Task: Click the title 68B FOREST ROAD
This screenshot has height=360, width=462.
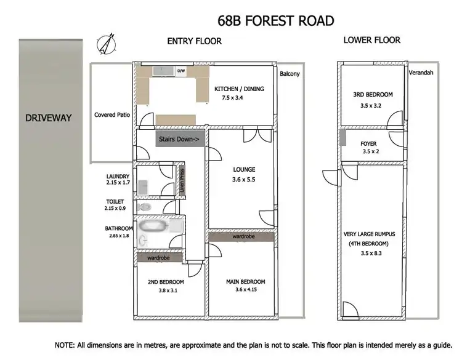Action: [x=276, y=20]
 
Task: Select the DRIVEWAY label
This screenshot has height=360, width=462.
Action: [x=49, y=118]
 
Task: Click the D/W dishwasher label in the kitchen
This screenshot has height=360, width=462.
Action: [x=181, y=71]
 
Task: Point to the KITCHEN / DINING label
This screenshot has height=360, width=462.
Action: [x=239, y=89]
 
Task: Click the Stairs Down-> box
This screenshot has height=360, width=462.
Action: [x=179, y=139]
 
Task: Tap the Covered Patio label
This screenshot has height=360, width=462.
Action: [x=112, y=114]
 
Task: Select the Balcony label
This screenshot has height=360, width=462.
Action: [x=290, y=74]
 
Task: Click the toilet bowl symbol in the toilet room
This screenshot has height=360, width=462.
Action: [x=145, y=207]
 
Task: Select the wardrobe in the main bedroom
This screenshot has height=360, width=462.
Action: [x=240, y=236]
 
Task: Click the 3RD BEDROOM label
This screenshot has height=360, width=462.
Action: [x=373, y=95]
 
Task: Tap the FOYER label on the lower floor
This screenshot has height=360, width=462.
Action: [x=369, y=144]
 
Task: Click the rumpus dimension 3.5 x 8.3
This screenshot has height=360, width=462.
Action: [x=372, y=252]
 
